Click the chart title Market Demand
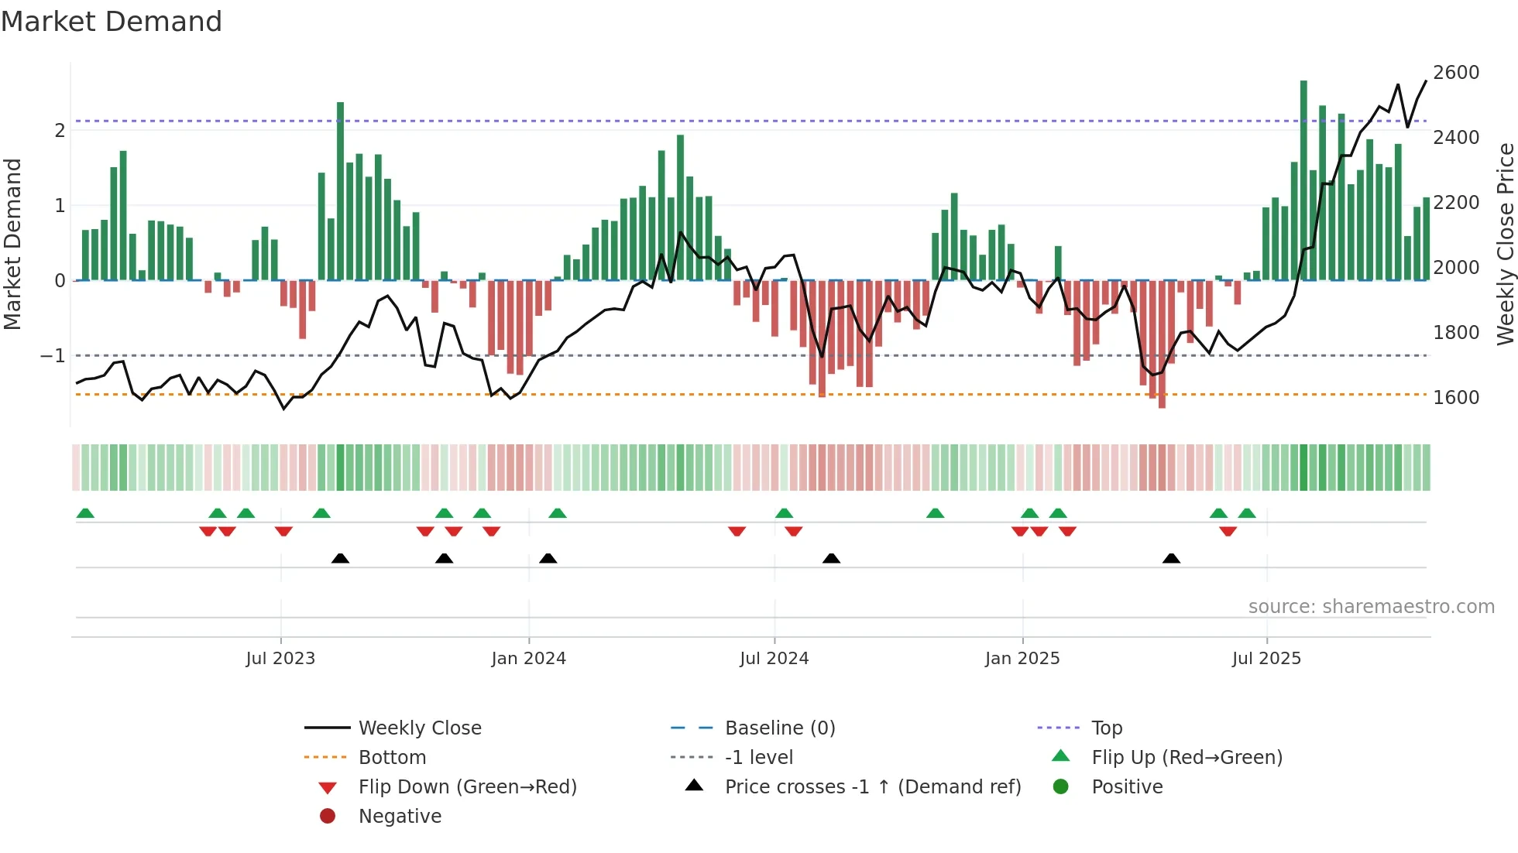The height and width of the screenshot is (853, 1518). tap(112, 22)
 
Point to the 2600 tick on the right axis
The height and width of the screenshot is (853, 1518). tap(1455, 73)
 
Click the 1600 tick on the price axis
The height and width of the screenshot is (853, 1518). tap(1455, 398)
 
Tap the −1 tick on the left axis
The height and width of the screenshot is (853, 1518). tap(53, 356)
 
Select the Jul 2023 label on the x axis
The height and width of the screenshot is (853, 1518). tap(280, 659)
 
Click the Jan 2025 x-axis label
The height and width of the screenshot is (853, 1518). tap(1022, 659)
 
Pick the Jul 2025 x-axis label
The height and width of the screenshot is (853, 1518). tap(1266, 659)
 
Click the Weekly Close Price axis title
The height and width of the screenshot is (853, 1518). tap(1505, 244)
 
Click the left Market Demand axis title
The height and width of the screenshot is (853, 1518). tap(13, 244)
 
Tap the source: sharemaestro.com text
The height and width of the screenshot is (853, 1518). tap(1371, 607)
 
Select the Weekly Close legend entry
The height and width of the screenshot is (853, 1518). tap(419, 728)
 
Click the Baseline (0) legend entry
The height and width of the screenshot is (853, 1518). tap(779, 728)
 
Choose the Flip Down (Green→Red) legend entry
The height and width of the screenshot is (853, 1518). tap(467, 787)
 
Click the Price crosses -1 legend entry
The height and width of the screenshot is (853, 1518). tap(872, 787)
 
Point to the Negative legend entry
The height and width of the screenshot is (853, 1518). tap(400, 817)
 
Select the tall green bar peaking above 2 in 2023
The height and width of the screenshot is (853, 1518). tap(340, 190)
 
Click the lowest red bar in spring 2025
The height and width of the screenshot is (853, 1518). tap(1162, 344)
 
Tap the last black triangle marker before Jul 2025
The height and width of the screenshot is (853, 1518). tap(1171, 558)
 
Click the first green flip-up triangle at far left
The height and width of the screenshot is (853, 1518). tap(85, 513)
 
